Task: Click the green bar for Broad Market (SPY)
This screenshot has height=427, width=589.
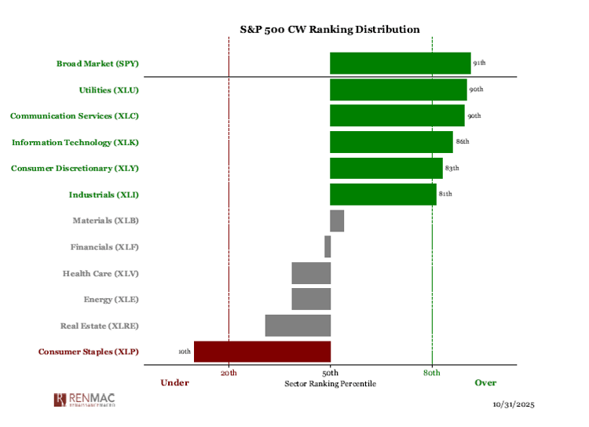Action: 400,63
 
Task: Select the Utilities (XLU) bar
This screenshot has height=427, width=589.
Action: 398,89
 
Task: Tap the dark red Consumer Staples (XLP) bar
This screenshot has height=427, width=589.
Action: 262,352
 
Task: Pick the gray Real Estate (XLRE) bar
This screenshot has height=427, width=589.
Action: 298,325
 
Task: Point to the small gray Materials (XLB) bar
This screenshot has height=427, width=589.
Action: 337,221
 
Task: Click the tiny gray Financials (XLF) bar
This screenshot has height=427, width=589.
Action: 327,246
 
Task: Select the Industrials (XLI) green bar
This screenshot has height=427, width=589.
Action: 382,194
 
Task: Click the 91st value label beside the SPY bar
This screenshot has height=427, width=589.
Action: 479,63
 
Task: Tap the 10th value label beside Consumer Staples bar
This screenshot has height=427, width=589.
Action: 185,352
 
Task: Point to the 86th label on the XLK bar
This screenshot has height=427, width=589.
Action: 462,142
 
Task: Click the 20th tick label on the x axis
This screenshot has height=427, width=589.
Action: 229,372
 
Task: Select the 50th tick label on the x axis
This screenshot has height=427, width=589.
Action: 331,372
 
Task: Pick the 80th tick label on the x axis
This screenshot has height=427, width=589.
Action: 432,372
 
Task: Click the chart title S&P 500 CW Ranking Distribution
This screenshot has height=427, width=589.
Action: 330,29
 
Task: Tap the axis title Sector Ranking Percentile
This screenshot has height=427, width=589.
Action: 330,384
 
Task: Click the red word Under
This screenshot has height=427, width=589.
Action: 174,383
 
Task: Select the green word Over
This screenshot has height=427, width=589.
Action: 485,383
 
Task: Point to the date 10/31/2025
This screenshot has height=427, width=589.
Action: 514,405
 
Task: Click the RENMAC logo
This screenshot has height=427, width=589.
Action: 86,400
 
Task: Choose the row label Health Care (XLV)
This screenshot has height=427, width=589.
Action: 101,273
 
